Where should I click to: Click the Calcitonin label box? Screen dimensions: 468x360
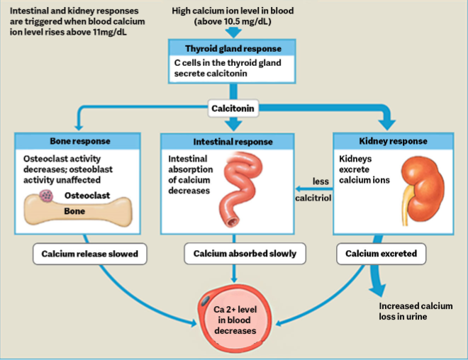point(233,108)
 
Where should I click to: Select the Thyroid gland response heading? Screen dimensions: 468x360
point(233,49)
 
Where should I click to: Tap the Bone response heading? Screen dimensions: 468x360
point(80,141)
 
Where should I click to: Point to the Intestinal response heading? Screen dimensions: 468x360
point(233,142)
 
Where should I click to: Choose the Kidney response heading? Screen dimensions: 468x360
point(393,141)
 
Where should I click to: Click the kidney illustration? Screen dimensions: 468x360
point(423,191)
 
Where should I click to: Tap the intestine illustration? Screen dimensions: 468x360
point(240,189)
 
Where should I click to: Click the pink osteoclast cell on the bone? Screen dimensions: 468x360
point(46,196)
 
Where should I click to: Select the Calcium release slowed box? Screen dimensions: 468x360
point(90,254)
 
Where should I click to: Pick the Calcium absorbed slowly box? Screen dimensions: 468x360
point(245,254)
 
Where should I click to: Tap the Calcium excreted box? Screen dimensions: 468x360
point(381,254)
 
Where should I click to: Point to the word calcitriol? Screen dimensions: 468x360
point(313,198)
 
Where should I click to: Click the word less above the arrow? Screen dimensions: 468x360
point(321,181)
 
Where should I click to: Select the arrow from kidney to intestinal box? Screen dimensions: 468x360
point(314,189)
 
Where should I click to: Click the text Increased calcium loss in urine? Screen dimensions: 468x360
point(416,311)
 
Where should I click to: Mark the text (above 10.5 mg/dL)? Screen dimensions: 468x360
point(233,21)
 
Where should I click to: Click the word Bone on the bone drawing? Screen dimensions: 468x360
point(74,211)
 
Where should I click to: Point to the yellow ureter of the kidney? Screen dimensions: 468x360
point(406,206)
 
